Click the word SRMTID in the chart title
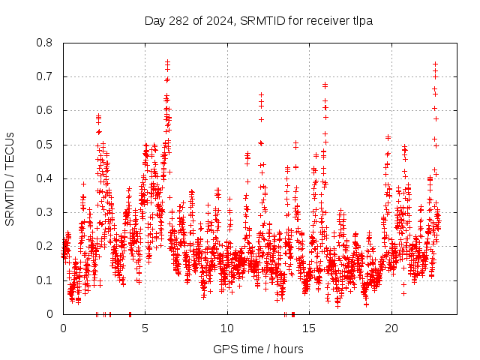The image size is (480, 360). point(264,21)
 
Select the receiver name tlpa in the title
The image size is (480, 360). point(362,21)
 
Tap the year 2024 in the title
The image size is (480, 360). point(217,21)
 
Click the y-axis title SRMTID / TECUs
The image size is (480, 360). point(10,178)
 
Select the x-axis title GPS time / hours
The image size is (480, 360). point(258,349)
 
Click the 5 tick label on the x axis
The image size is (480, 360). point(145,328)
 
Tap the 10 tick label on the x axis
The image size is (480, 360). point(227,328)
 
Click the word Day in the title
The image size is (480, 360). point(154,21)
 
